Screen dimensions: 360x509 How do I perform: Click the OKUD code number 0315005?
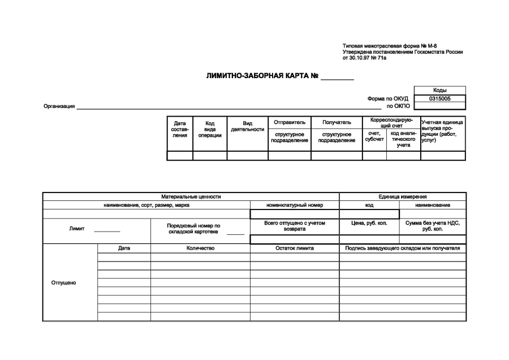[x=439, y=98]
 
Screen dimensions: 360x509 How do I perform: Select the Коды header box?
[x=439, y=91]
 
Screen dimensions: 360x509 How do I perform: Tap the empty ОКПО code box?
[x=439, y=106]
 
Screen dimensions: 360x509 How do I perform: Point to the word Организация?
[x=59, y=106]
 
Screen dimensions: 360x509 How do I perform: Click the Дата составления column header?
[x=180, y=129]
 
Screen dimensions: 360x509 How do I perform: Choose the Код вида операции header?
[x=210, y=129]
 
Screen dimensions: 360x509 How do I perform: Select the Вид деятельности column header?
[x=248, y=126]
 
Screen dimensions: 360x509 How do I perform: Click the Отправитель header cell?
[x=290, y=122]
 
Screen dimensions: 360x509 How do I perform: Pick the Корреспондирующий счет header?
[x=391, y=123]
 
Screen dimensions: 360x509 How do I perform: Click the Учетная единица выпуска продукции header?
[x=443, y=131]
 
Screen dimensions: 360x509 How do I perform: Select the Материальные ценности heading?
[x=191, y=196]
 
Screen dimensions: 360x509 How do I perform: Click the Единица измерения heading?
[x=403, y=196]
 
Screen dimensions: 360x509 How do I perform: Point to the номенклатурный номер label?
[x=295, y=205]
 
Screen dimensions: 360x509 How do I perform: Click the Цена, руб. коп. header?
[x=369, y=224]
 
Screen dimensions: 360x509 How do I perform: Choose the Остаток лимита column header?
[x=295, y=248]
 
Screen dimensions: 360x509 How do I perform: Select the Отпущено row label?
[x=64, y=282]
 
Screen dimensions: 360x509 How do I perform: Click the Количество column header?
[x=200, y=248]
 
